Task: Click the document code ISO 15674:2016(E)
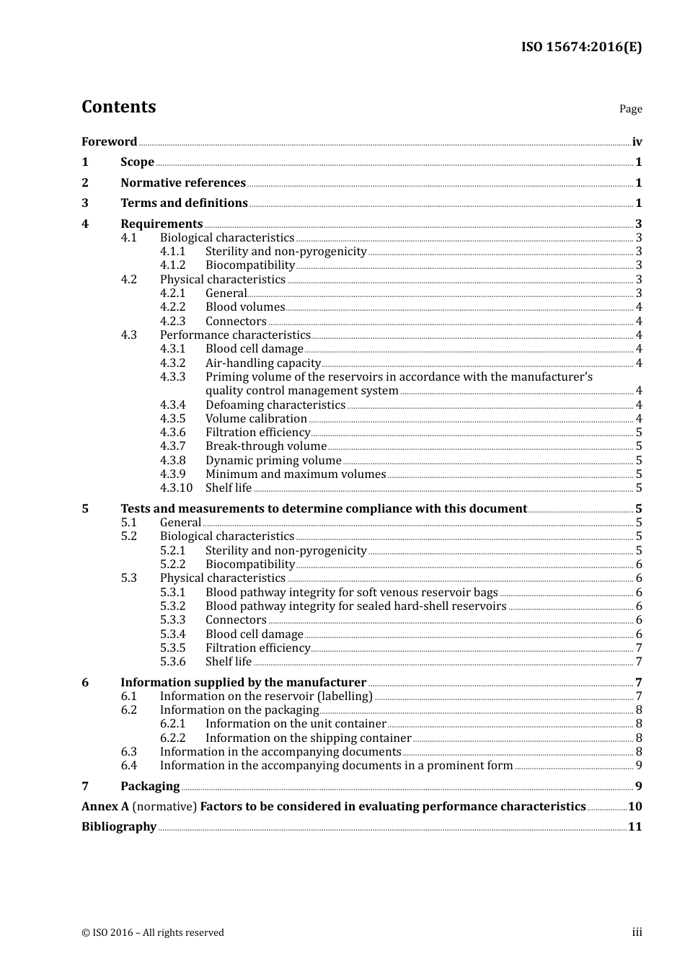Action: pos(581,48)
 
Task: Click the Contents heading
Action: pos(118,107)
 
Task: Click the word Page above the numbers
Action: pos(630,109)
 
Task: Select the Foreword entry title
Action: pos(109,142)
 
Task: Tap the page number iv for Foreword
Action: pos(637,142)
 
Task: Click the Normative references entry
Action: pos(183,183)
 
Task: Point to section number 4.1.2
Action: pos(172,265)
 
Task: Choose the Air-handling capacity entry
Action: pos(262,363)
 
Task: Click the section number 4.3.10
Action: pos(176,488)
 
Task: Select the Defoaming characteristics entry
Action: pos(275,405)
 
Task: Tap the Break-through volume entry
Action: pos(265,446)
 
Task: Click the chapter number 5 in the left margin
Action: pos(85,509)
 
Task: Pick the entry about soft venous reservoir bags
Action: pos(351,593)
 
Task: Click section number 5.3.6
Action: pos(172,662)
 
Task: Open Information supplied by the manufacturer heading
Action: pos(243,683)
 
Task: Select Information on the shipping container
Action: pos(308,738)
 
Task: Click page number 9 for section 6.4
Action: pos(639,766)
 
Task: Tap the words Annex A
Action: pos(105,807)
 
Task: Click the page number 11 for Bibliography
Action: pos(635,827)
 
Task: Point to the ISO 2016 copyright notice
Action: pos(153,933)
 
